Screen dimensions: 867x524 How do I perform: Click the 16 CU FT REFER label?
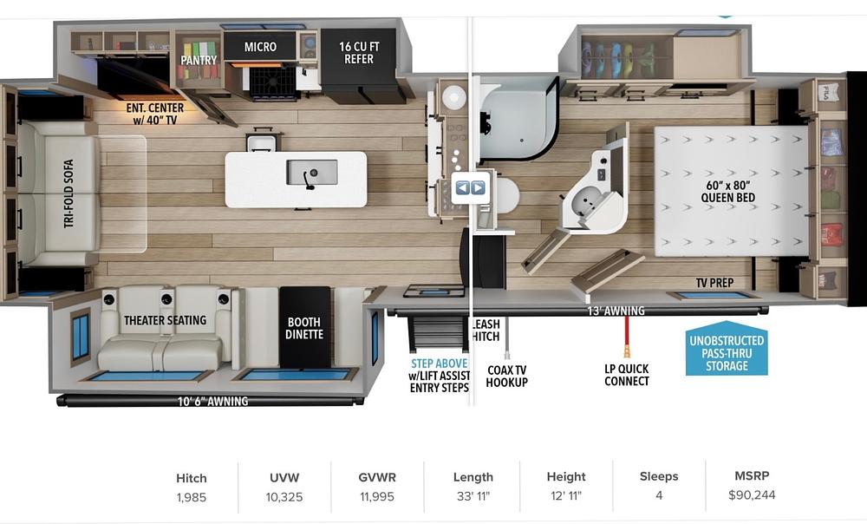coord(359,53)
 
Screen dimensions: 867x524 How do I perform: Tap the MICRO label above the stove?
coord(260,47)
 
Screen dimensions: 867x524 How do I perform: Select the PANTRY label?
coord(199,60)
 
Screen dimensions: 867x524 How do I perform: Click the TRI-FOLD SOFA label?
coord(68,193)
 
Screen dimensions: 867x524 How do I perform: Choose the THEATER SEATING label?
coord(165,320)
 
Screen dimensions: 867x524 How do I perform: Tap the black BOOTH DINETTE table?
coord(304,327)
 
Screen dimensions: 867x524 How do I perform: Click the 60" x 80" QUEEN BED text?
coord(727,192)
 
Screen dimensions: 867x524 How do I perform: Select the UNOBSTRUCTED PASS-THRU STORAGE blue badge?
coord(727,349)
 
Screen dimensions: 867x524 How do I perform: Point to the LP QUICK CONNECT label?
coord(627,375)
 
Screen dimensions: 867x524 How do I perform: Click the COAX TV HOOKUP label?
coord(507,376)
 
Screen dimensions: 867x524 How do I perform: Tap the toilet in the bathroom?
coord(507,196)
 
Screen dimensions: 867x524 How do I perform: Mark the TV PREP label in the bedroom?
coord(714,283)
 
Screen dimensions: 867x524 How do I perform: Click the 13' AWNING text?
coord(616,311)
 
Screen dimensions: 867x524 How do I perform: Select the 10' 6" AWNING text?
coord(213,401)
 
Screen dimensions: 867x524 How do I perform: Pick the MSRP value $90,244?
coord(752,495)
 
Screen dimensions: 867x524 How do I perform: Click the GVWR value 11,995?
coord(377,497)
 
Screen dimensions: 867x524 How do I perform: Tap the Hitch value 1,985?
coord(192,497)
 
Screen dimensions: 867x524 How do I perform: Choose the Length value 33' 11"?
coord(473,496)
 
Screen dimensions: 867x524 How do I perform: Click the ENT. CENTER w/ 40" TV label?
coord(155,114)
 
